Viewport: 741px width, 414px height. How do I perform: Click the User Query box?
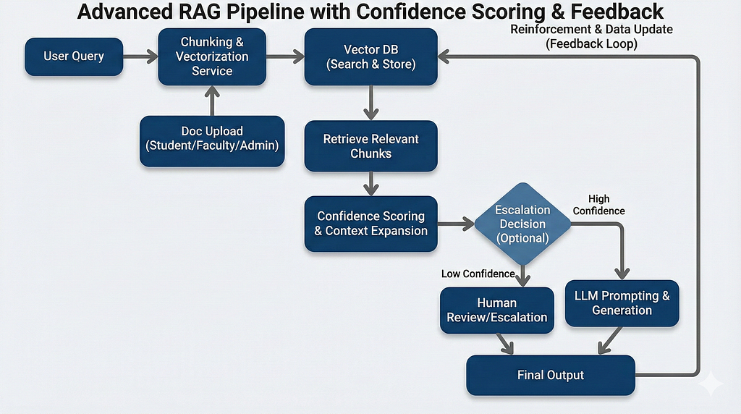click(74, 56)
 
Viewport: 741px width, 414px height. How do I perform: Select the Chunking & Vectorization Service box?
click(212, 56)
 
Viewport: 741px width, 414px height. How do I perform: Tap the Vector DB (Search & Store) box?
click(371, 56)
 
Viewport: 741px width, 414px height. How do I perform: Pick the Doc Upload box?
click(212, 141)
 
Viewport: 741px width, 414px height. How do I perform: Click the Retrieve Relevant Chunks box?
click(371, 146)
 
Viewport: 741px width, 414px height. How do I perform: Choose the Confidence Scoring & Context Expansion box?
click(371, 224)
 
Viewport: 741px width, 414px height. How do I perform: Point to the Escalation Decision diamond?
click(522, 224)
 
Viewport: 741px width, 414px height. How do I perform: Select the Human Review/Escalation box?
click(497, 310)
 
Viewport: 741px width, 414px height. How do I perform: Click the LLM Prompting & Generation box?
click(622, 303)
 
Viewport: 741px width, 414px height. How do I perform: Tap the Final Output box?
click(551, 375)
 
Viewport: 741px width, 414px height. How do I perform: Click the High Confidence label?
click(598, 205)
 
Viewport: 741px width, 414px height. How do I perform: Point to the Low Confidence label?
click(478, 274)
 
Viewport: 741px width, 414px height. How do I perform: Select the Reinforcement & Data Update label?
click(592, 29)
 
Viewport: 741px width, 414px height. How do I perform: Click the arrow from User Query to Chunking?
click(141, 56)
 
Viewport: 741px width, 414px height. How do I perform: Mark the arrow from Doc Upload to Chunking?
click(212, 101)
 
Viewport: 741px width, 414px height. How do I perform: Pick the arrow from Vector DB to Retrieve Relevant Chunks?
click(371, 103)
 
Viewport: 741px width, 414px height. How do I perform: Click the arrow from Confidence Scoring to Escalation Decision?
click(456, 224)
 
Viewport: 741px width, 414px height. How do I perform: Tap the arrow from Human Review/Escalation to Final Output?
click(504, 344)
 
